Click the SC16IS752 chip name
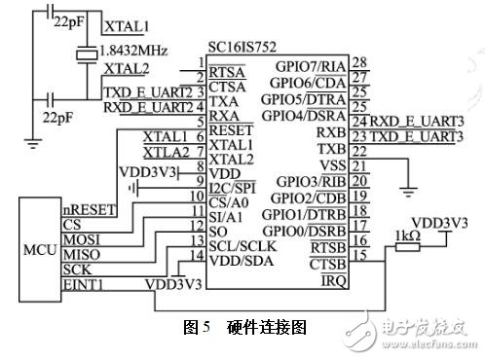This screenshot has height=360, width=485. [240, 47]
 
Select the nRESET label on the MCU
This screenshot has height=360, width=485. [84, 208]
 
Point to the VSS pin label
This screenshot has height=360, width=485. [334, 165]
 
